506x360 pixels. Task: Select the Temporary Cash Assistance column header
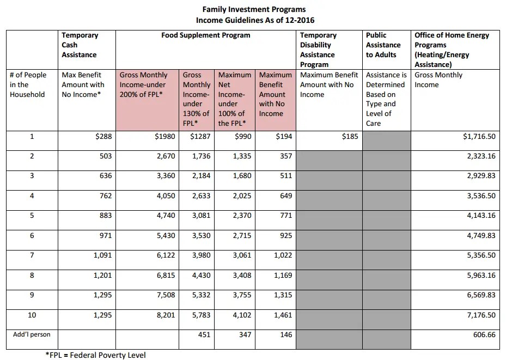pos(80,45)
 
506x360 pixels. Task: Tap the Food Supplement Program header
pos(206,35)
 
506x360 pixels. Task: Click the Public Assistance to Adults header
pos(383,45)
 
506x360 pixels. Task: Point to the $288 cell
pos(103,136)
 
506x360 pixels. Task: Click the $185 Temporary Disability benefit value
pos(350,136)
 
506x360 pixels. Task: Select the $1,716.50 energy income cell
pos(478,136)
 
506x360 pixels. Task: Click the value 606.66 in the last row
pos(484,334)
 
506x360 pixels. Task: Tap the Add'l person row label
pos(32,334)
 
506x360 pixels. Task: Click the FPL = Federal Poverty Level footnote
pos(95,355)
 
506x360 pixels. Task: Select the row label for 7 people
pos(32,255)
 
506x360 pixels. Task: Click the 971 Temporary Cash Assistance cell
pos(103,235)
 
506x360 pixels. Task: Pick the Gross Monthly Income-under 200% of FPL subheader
pos(144,84)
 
